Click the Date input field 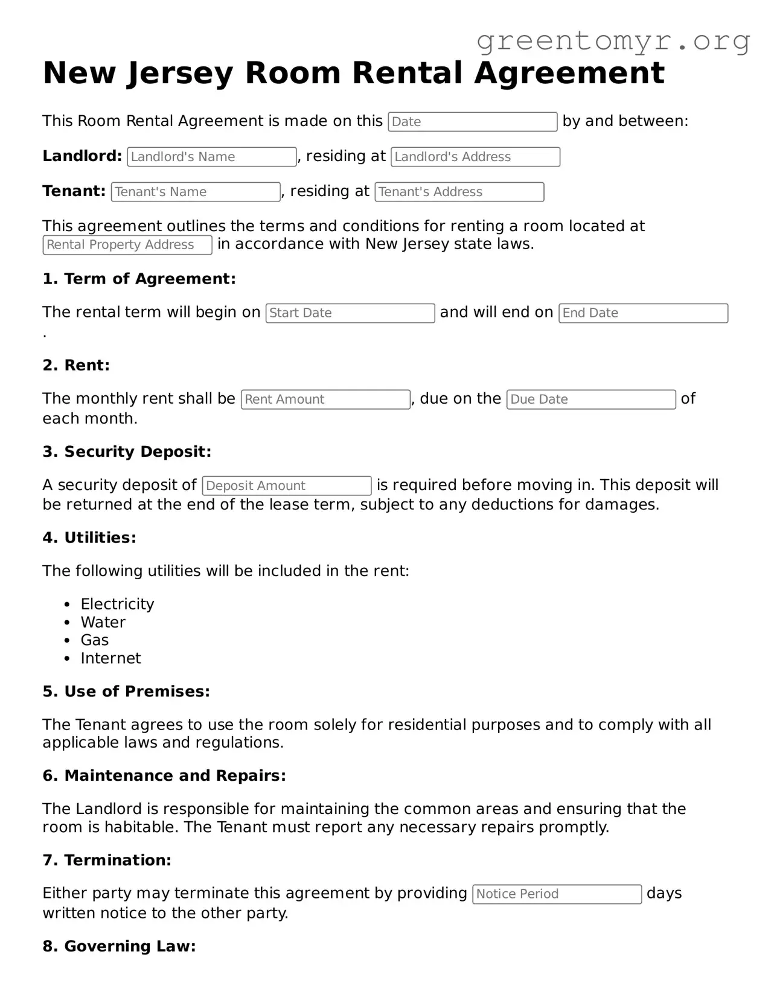tap(472, 122)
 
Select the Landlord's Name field tap(212, 157)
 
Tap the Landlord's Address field tap(475, 157)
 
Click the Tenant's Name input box tap(196, 192)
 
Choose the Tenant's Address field tap(459, 192)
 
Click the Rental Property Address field tap(127, 245)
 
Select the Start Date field tap(350, 313)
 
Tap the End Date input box tap(643, 313)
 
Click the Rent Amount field tap(325, 399)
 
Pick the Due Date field tap(590, 399)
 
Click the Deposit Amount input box tap(287, 486)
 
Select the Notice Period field tap(557, 894)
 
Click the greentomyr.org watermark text tap(613, 41)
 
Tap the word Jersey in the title tap(180, 74)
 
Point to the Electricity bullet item tap(117, 604)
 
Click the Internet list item tap(110, 658)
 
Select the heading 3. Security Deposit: tap(127, 451)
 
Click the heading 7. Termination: tap(107, 860)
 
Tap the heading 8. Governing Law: tap(119, 946)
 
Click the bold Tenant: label tap(74, 191)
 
